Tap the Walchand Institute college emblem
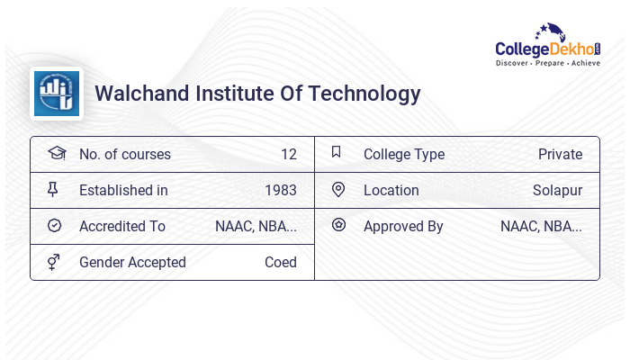point(57,94)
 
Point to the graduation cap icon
point(56,153)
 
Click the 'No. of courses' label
point(124,154)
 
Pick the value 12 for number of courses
point(288,154)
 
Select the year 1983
point(281,190)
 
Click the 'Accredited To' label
point(122,226)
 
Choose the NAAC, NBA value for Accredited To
point(256,226)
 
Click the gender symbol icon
point(55,262)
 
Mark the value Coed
point(280,262)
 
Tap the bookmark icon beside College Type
point(337,153)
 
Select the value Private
point(560,154)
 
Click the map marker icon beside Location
point(337,190)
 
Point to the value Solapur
point(557,190)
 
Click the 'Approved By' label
point(403,226)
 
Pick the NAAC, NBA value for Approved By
point(541,226)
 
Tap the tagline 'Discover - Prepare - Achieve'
point(548,64)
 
